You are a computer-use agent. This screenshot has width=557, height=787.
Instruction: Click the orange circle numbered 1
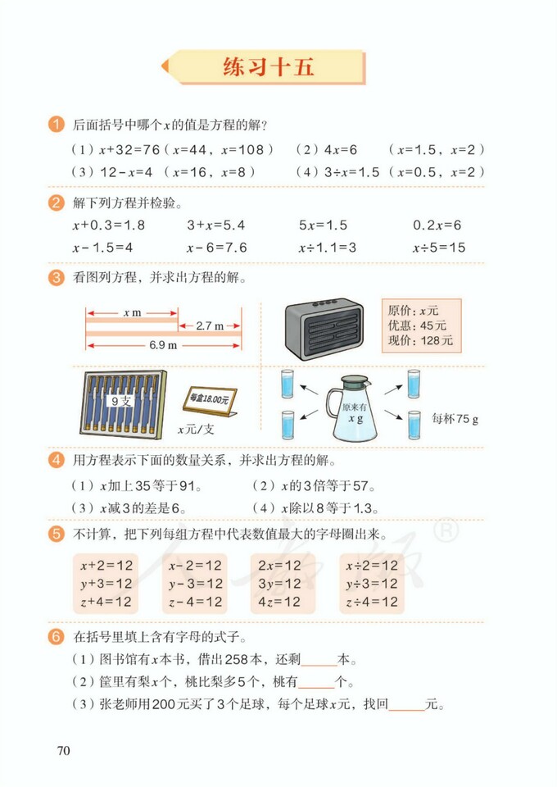(57, 125)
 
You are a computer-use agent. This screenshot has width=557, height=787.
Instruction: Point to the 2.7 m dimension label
(209, 326)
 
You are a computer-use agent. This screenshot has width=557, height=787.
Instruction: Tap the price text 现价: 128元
(424, 339)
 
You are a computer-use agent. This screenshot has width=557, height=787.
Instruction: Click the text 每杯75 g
(455, 417)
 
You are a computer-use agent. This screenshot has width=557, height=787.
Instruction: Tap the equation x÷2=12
(371, 566)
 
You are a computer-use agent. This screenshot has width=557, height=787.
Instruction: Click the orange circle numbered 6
(57, 636)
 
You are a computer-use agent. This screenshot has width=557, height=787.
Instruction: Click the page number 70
(65, 750)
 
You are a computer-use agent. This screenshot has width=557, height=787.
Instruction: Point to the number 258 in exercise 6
(247, 659)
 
